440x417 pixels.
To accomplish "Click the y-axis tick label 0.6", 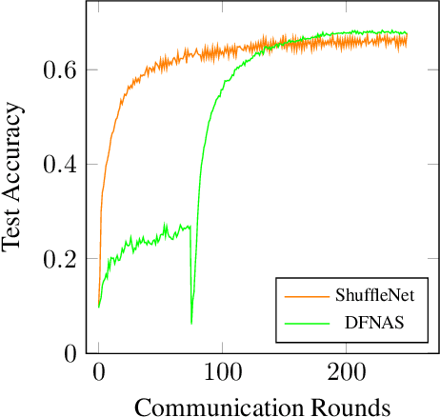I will (61, 70).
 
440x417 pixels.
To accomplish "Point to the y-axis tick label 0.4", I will (61, 165).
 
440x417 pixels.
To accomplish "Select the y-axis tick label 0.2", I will (61, 259).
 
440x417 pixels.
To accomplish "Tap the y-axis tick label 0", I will (70, 353).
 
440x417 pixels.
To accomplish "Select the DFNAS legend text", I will (374, 324).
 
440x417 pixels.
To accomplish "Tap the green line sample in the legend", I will (303, 324).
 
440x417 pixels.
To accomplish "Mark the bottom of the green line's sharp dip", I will (191, 323).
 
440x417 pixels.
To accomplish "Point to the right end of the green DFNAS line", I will (408, 33).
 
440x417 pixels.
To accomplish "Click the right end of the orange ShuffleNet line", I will (408, 40).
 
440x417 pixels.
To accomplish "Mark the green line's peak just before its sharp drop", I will (189, 226).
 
